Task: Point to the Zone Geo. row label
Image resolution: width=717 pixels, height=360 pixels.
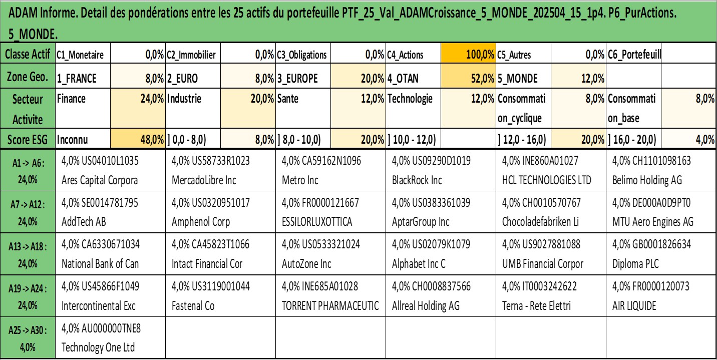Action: (x=28, y=78)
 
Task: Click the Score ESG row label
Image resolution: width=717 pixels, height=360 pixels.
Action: (x=28, y=141)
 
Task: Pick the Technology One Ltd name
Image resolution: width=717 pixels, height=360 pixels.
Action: (x=98, y=347)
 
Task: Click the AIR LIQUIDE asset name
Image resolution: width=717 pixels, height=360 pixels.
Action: (x=634, y=306)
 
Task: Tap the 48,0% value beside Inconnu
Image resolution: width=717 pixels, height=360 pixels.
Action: (x=152, y=141)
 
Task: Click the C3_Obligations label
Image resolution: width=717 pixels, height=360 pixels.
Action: (x=302, y=55)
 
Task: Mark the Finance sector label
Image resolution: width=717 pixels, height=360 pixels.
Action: (x=72, y=99)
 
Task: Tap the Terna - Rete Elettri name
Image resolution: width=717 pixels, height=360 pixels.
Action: (x=536, y=306)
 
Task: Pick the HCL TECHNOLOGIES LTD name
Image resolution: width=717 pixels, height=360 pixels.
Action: (x=546, y=180)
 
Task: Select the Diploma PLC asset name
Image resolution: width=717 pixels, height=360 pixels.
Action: (x=634, y=264)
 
